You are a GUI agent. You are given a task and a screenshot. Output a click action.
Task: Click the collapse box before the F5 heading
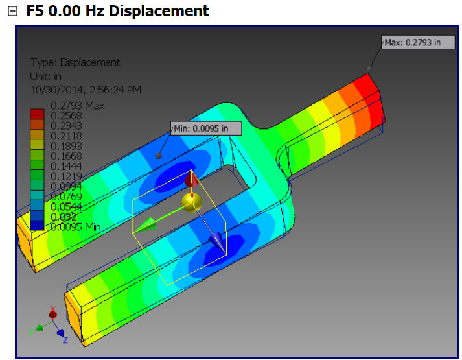pos(12,12)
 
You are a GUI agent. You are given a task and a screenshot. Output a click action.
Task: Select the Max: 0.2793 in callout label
pos(412,42)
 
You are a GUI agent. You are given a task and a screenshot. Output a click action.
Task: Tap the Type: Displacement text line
pos(75,62)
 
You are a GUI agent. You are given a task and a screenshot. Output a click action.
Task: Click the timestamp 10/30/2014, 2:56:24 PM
pos(86,89)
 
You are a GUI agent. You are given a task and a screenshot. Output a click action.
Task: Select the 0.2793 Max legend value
pos(77,105)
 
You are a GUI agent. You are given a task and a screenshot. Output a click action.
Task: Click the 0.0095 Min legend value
pos(75,227)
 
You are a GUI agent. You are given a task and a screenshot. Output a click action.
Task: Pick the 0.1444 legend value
pos(66,166)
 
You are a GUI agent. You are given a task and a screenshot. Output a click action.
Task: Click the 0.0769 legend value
pos(66,197)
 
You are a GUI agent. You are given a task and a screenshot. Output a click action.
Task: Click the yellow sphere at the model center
pos(191,202)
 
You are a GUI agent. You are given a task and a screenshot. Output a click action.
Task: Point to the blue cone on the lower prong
pos(216,242)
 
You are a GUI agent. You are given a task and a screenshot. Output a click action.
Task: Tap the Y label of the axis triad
pos(31,331)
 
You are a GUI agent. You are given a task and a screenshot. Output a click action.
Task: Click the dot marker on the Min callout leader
pos(159,156)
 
